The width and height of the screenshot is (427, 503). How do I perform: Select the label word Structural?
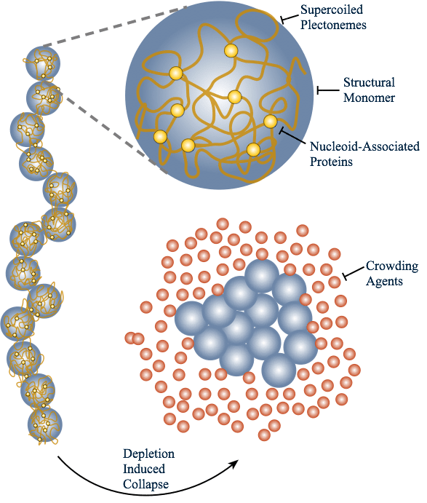(370, 82)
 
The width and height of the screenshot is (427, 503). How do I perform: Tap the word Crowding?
(391, 266)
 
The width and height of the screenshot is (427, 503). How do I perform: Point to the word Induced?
(143, 469)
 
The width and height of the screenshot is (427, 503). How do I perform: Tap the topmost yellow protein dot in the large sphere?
(231, 50)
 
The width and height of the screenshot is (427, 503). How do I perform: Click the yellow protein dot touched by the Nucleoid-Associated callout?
(270, 121)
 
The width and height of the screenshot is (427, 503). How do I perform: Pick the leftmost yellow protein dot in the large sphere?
(160, 136)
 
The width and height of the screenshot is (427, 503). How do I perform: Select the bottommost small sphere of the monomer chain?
(45, 424)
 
